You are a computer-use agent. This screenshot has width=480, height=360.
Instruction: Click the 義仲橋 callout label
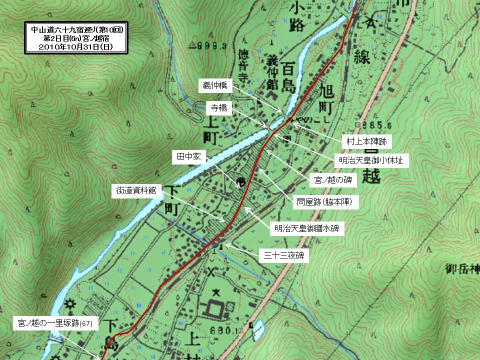pos(215,85)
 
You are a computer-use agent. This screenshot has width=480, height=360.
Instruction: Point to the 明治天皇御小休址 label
pos(374,161)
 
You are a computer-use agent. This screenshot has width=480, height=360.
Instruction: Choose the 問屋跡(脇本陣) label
pos(327,202)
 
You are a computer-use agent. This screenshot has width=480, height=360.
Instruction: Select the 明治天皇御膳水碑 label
pos(307,229)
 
